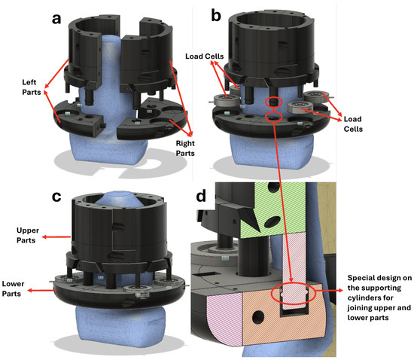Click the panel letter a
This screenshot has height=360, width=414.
click(56, 20)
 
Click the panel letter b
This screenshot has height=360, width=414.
click(216, 16)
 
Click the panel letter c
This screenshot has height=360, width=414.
click(56, 197)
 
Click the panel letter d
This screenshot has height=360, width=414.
click(201, 197)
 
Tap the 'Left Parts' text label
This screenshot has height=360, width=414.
click(32, 87)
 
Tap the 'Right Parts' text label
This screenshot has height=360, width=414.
click(185, 148)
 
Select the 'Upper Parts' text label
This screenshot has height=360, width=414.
click(27, 235)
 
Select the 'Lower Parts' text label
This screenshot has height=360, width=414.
click(13, 288)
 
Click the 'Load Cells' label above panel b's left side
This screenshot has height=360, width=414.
click(204, 56)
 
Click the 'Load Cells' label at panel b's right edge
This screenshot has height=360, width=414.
click(353, 124)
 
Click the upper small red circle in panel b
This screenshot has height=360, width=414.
click(274, 102)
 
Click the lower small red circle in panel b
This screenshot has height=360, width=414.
click(274, 117)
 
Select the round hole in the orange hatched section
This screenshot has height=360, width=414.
click(258, 317)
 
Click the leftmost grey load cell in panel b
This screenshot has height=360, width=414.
click(227, 100)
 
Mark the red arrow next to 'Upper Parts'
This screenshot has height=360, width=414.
click(56, 237)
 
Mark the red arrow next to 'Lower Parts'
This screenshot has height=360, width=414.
click(41, 290)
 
